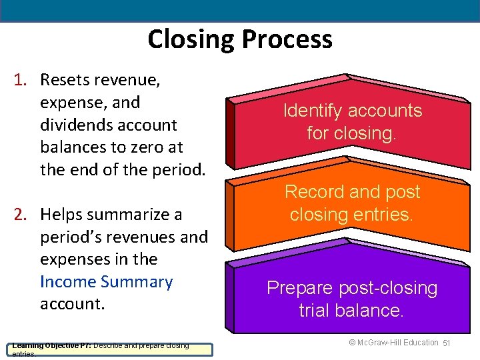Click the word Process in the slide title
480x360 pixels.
coord(286,39)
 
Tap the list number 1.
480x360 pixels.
coord(20,80)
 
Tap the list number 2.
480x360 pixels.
coord(20,215)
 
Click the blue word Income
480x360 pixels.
coord(68,282)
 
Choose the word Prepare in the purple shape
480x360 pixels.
coord(298,288)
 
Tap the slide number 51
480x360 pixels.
coord(448,343)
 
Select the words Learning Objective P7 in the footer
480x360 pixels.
coord(51,345)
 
